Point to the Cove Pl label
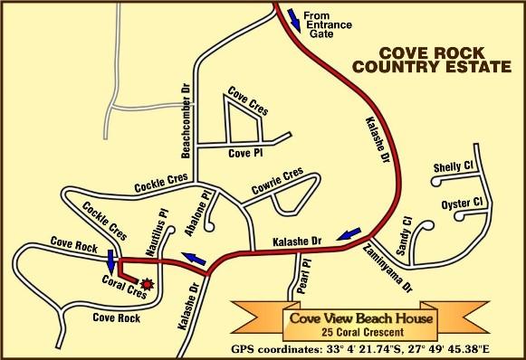coord(244,153)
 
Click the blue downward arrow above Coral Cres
coord(110,261)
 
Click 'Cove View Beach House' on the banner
coord(361,317)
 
